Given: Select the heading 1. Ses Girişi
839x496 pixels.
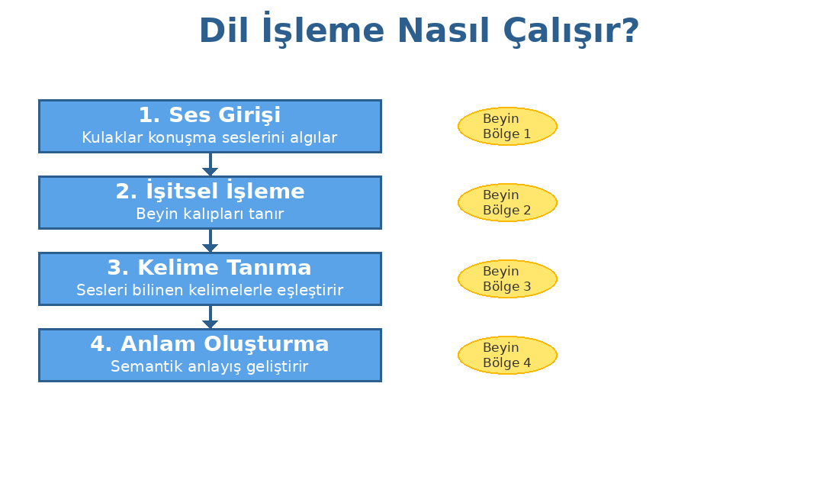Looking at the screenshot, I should click(x=210, y=115).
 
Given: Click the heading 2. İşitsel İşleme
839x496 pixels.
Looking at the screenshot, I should click(x=210, y=192).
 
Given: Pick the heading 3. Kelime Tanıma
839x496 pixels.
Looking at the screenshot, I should click(x=210, y=268).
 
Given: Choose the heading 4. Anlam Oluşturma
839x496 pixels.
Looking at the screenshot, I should click(x=210, y=344).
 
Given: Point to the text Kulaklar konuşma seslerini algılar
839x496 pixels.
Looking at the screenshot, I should click(x=210, y=138).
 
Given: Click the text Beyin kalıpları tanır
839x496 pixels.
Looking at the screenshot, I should click(x=210, y=214).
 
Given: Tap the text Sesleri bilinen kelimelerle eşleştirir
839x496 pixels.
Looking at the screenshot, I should click(x=210, y=291).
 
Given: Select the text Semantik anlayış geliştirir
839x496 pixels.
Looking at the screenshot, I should click(x=210, y=367).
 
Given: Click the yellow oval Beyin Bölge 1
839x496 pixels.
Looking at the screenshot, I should click(x=507, y=127).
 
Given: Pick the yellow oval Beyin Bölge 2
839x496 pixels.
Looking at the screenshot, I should click(x=507, y=203).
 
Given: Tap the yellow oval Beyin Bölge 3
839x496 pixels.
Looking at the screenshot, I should click(x=507, y=279).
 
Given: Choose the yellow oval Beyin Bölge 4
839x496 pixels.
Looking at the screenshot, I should click(x=507, y=356).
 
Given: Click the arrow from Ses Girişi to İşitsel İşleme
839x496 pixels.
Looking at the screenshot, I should click(x=210, y=165).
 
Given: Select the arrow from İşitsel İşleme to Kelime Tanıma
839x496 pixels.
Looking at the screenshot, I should click(x=210, y=241).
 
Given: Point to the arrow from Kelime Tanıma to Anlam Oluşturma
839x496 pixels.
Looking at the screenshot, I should click(x=210, y=317).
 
